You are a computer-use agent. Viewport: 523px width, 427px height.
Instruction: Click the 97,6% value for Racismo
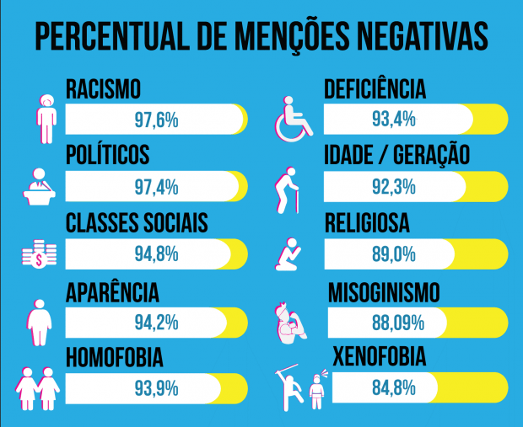click(156, 120)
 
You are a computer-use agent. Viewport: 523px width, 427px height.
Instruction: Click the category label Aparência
click(112, 293)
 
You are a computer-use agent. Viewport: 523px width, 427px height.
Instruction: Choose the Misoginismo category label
click(396, 292)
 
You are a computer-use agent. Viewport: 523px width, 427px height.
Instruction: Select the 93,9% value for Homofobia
click(156, 389)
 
